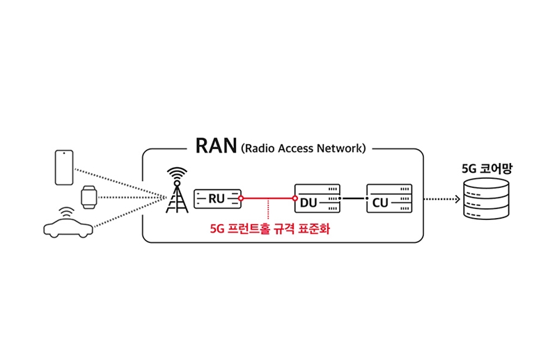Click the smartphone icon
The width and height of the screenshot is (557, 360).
point(63,168)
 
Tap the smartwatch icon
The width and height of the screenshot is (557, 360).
point(88,197)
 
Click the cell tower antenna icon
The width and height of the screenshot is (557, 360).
point(178,191)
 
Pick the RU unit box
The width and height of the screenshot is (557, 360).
point(217,198)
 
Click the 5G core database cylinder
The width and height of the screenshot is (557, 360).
point(486,201)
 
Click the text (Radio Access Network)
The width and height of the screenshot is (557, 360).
point(303,148)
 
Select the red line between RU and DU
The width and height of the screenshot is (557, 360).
point(268,199)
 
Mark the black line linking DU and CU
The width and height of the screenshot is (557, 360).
point(353,199)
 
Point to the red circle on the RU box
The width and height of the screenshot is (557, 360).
point(240,199)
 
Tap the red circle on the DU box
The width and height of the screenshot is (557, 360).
point(295,199)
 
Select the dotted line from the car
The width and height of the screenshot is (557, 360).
point(125,213)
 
